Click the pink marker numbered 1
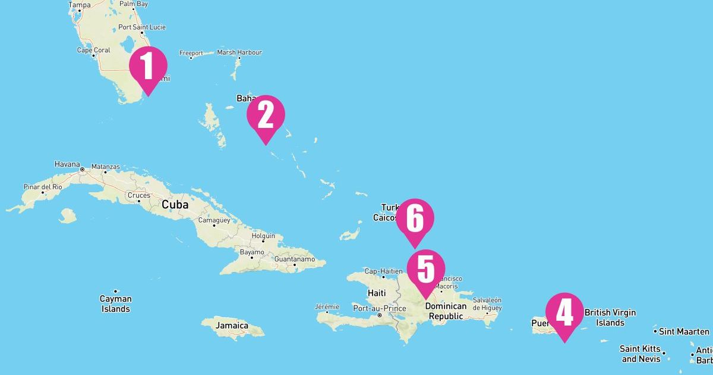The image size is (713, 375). (148, 67)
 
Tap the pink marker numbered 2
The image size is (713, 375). (266, 115)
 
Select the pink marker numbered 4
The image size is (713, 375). (564, 313)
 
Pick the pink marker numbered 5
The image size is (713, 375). (425, 270)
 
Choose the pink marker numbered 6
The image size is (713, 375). (415, 219)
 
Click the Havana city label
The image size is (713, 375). (67, 164)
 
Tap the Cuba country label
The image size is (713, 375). (175, 205)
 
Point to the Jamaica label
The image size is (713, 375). (232, 326)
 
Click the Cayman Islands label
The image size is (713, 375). (115, 304)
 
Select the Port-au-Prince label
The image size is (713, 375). (379, 308)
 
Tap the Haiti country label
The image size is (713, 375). (377, 293)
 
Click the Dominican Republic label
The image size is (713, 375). (446, 311)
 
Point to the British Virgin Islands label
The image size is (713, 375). (610, 317)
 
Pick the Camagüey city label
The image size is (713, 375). (213, 220)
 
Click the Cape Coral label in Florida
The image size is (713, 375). (93, 50)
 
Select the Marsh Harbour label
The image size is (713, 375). (239, 52)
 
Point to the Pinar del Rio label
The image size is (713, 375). (42, 187)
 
